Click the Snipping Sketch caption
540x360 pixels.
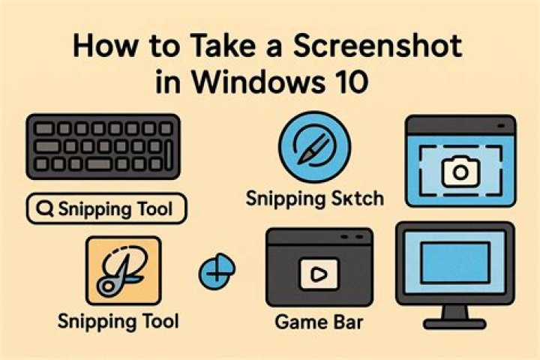[315, 200]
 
